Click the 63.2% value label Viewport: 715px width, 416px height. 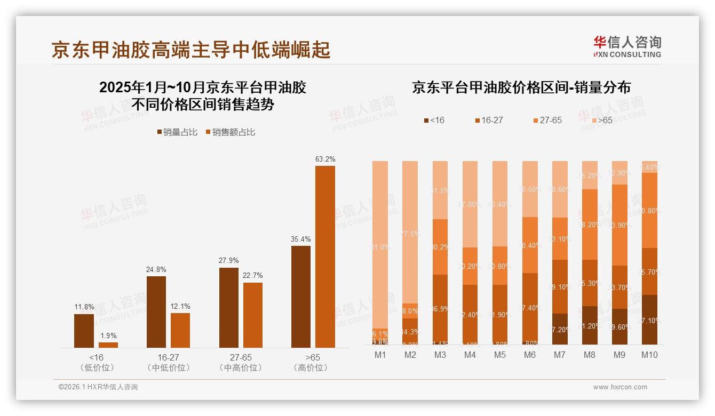pos(325,159)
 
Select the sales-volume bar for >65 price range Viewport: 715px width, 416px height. pos(301,297)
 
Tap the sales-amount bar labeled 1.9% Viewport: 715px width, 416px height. pos(108,345)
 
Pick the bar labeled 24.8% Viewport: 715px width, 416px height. pos(156,312)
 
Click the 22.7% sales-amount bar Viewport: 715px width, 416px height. pos(253,315)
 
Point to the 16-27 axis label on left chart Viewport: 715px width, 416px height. pos(168,357)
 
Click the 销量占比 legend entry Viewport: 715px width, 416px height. pos(179,132)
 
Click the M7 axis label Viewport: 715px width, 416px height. pos(560,355)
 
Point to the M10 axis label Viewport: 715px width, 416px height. pos(649,355)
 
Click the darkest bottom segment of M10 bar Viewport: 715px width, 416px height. pos(649,319)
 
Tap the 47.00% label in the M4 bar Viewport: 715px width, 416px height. pos(470,204)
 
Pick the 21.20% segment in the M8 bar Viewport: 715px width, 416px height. pos(590,325)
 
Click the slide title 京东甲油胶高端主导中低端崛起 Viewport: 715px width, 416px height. pos(191,50)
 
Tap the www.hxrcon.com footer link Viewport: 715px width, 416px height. pos(620,387)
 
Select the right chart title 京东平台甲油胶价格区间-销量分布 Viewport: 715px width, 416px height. pos(521,87)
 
